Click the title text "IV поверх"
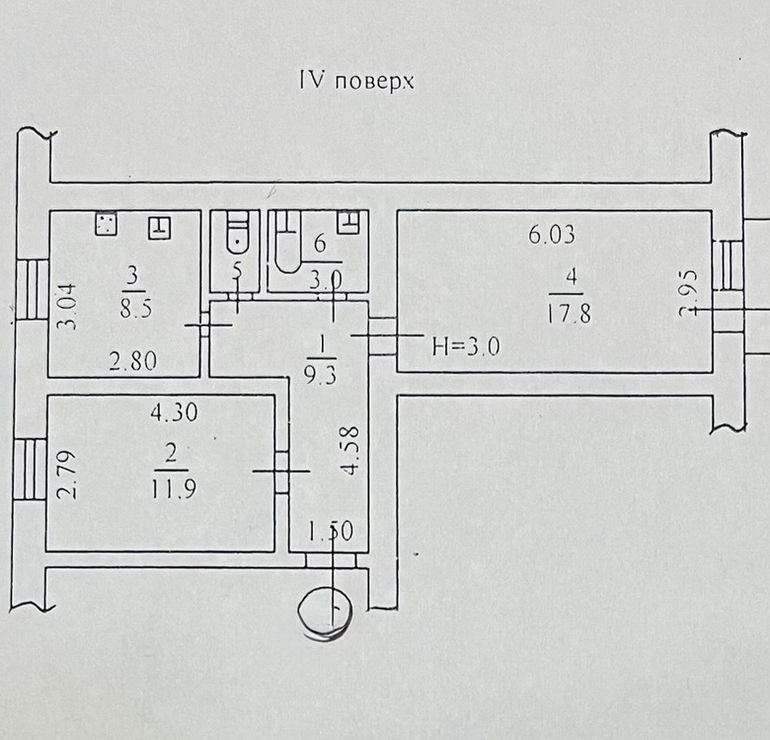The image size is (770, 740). pos(355,80)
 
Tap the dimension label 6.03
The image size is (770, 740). pos(551,235)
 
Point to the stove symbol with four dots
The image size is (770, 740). pos(106,224)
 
